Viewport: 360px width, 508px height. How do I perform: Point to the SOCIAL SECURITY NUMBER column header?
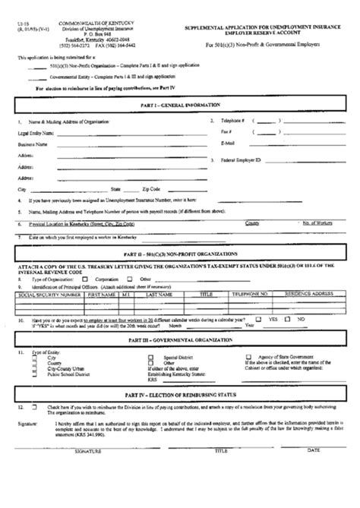point(46,292)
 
